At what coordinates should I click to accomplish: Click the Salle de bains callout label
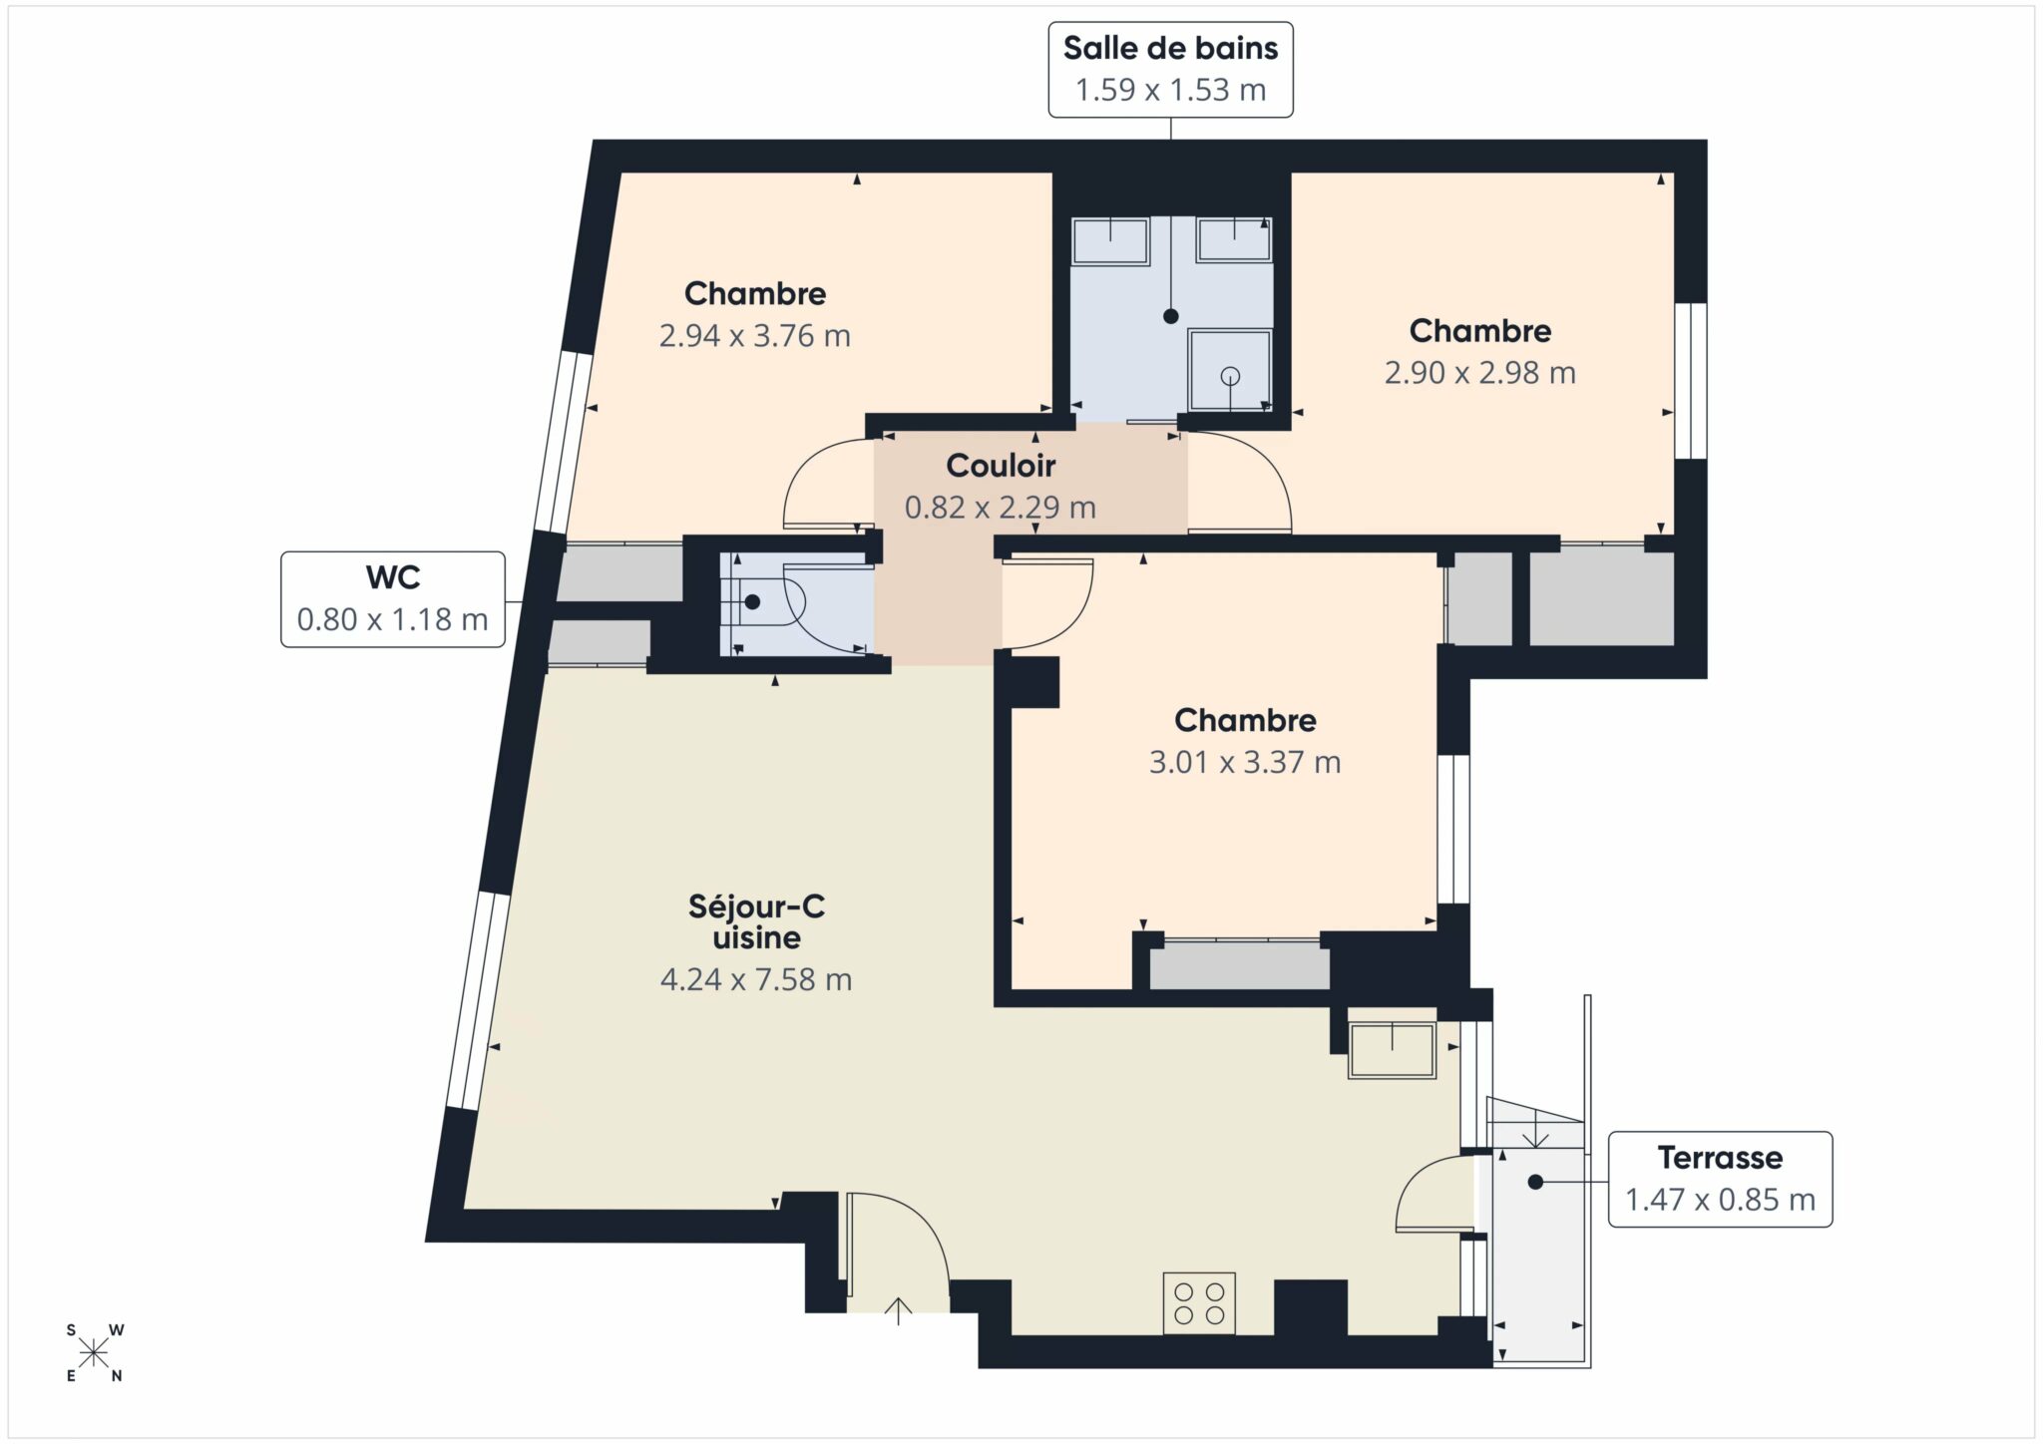(1170, 70)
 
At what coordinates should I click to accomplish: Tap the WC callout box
(393, 599)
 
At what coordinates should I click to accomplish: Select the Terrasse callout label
(1720, 1179)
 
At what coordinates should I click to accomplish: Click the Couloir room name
(1001, 466)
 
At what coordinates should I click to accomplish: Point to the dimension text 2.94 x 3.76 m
(755, 336)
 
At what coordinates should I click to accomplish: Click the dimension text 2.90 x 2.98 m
(1480, 373)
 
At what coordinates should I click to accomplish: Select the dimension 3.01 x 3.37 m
(1245, 763)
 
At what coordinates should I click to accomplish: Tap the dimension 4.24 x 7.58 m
(756, 980)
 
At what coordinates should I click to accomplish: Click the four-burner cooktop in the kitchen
(1199, 1303)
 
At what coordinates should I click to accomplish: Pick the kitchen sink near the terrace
(1392, 1050)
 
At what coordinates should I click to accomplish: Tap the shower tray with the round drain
(1230, 370)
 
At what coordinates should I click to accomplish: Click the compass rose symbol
(95, 1353)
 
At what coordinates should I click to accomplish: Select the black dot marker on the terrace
(1535, 1182)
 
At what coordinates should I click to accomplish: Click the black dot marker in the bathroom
(1171, 316)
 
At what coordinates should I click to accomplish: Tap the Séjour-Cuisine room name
(756, 922)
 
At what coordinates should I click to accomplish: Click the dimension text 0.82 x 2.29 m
(1001, 508)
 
